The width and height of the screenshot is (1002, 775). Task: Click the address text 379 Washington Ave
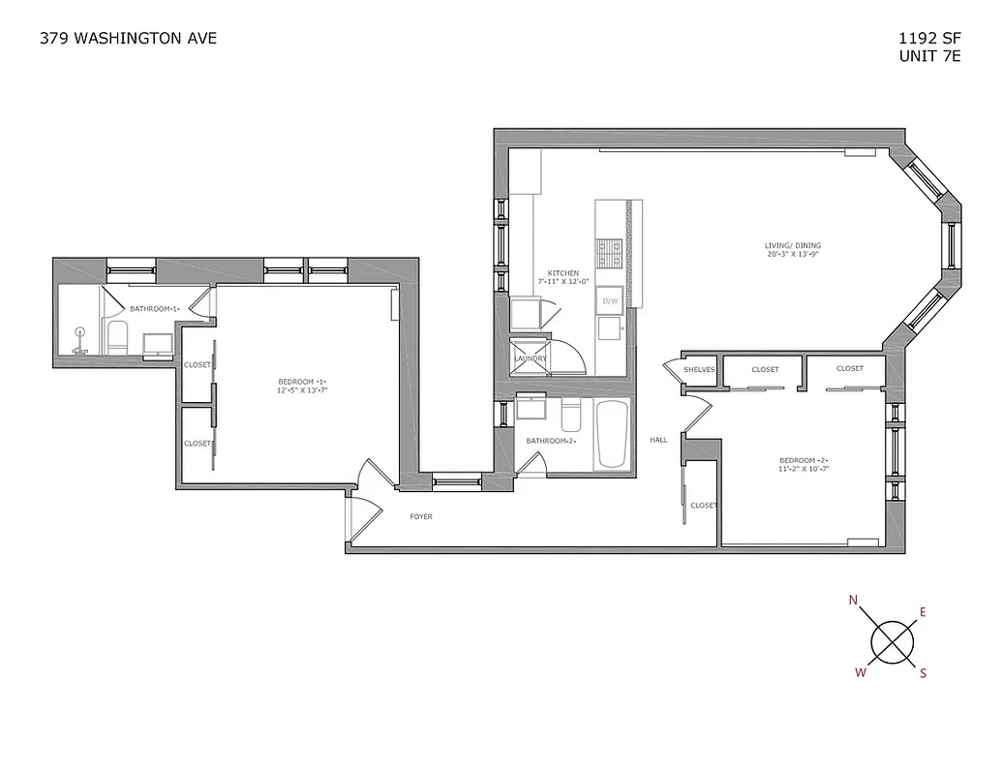(128, 39)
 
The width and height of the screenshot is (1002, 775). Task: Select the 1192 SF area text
(929, 40)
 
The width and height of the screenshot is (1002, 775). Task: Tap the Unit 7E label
(929, 56)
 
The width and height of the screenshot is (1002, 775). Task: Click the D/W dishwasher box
(610, 300)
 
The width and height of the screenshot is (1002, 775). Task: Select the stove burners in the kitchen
(610, 253)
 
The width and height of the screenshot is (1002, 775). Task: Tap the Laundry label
(531, 358)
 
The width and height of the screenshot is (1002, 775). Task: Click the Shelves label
(698, 369)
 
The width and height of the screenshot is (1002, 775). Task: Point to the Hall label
(658, 440)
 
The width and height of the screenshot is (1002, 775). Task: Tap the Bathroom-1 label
(155, 308)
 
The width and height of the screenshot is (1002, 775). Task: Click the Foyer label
(420, 516)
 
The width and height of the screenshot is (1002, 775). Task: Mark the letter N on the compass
(853, 601)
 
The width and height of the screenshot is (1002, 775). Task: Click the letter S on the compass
(923, 674)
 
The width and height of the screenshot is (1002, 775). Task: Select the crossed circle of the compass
(892, 640)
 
